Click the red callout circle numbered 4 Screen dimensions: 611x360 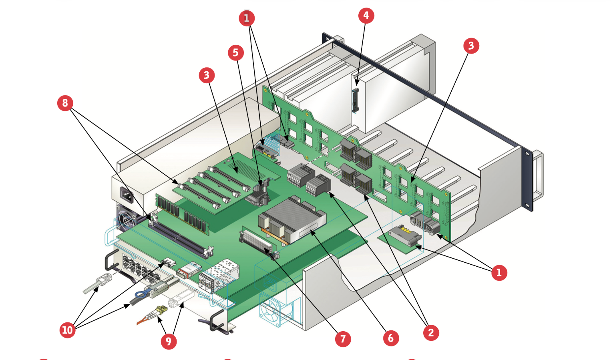366,16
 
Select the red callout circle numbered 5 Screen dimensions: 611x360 236,52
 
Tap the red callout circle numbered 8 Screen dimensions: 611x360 65,103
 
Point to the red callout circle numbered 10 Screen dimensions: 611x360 67,330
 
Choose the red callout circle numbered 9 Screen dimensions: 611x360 169,341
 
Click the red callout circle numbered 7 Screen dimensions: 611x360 343,339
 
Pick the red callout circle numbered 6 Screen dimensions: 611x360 391,338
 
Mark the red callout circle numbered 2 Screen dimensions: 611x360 431,333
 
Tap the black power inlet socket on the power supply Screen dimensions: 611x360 127,195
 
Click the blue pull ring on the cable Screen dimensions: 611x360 141,294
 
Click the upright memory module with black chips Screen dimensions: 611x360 183,214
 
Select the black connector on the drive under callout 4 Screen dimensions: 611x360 355,101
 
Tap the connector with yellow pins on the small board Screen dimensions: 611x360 405,235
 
